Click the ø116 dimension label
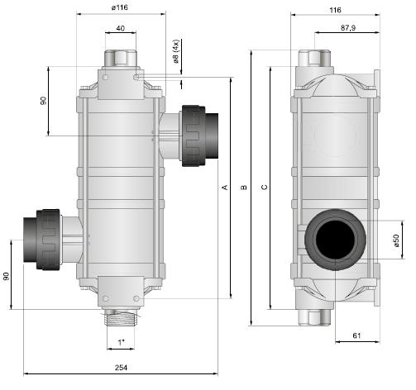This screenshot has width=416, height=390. pyautogui.click(x=120, y=7)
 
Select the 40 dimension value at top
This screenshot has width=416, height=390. pyautogui.click(x=121, y=28)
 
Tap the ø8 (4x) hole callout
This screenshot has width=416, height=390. pyautogui.click(x=176, y=51)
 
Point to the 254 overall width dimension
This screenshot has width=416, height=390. pyautogui.click(x=121, y=368)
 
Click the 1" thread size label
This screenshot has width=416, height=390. pyautogui.click(x=121, y=342)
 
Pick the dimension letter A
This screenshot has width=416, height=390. pyautogui.click(x=226, y=188)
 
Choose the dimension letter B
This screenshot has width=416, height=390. pyautogui.click(x=244, y=188)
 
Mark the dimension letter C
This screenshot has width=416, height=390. pyautogui.click(x=264, y=188)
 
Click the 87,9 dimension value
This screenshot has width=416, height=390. pyautogui.click(x=348, y=27)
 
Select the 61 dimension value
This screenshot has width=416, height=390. pyautogui.click(x=356, y=335)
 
